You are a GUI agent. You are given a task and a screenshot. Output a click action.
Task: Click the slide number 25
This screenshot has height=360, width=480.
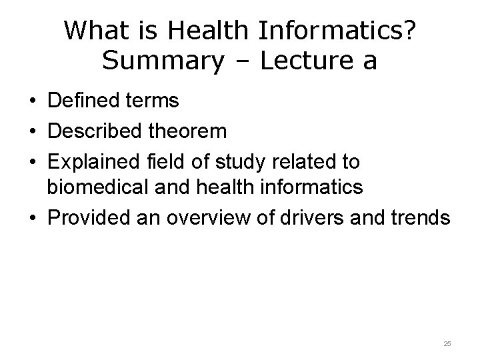coord(447,343)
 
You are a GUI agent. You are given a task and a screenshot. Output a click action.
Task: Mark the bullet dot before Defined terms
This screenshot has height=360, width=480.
coord(32,102)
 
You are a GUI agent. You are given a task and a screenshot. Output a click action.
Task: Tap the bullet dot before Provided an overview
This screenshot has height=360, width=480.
coord(32,219)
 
